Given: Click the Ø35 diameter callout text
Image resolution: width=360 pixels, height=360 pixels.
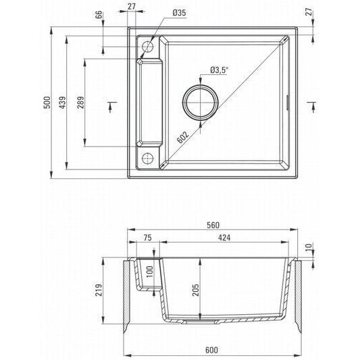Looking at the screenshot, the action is click(179, 13).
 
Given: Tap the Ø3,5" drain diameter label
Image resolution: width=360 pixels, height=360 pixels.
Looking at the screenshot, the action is click(219, 70).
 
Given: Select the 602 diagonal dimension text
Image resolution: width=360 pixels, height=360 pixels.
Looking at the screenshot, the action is click(183, 137).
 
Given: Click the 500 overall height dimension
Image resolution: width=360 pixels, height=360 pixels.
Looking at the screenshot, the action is click(47, 103).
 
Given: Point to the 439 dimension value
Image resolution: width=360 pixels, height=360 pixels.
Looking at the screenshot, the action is click(62, 103).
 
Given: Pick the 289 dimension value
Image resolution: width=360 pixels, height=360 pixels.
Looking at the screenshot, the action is click(80, 103).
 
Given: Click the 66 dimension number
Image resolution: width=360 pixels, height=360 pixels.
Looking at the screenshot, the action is click(99, 15).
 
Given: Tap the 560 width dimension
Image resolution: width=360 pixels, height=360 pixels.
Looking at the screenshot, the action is click(213, 225).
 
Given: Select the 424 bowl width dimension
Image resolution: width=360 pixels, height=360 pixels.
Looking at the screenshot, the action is click(224, 238).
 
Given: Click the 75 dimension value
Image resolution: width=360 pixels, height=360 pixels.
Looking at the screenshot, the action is click(148, 238).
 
